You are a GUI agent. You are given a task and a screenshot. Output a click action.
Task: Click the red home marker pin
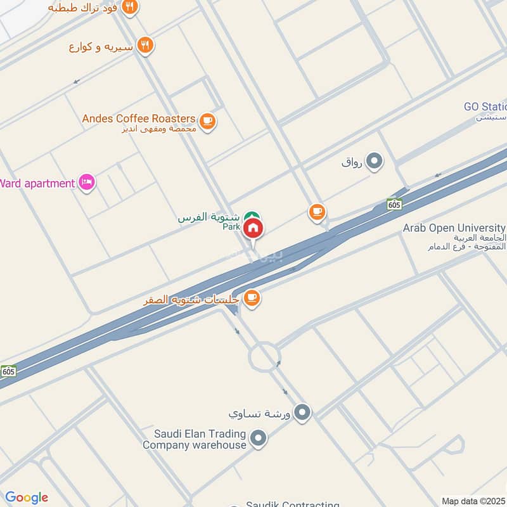(253, 228)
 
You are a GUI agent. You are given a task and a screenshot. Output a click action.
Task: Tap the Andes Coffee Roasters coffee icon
(207, 120)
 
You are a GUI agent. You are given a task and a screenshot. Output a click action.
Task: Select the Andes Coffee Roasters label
(139, 119)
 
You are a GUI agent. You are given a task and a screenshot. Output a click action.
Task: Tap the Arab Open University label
(454, 228)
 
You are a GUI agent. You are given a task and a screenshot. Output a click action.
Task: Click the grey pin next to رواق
(375, 161)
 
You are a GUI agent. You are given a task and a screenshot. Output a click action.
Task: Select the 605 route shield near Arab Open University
(394, 204)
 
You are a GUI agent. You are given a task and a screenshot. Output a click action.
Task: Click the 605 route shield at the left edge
(8, 371)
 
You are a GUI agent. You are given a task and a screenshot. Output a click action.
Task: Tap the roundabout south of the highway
(263, 357)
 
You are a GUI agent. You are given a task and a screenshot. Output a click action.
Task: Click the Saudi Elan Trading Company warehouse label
(194, 439)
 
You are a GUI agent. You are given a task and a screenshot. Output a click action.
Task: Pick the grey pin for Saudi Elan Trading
(258, 437)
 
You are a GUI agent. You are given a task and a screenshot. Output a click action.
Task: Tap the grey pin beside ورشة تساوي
(302, 413)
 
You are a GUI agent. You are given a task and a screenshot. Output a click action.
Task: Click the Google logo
(26, 497)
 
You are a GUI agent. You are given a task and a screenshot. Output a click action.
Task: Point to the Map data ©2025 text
(473, 501)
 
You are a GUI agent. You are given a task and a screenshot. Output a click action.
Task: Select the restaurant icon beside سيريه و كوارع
(146, 46)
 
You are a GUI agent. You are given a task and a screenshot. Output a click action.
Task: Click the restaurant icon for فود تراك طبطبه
(131, 8)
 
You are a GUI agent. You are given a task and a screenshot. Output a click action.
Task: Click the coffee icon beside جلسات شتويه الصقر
(252, 298)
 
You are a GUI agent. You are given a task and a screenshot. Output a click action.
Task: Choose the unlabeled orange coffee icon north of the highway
(317, 212)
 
